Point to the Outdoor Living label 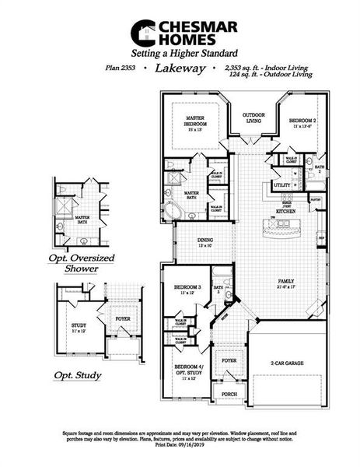coord(253,118)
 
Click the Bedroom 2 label coord(302,123)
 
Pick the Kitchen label coord(284,211)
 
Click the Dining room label coord(204,243)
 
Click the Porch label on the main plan coord(229,394)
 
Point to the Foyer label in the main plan coord(229,361)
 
